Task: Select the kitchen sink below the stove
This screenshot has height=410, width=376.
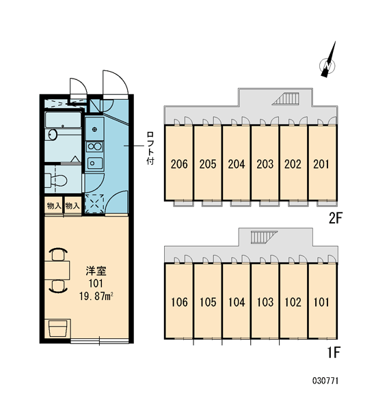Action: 95,163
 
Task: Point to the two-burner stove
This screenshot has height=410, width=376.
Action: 95,147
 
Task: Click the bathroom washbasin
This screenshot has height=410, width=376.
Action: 53,135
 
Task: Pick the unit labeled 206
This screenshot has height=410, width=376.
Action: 179,163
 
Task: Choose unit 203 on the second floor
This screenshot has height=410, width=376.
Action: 265,163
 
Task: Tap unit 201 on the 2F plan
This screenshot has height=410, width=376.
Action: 322,163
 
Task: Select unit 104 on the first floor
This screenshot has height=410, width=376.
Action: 237,301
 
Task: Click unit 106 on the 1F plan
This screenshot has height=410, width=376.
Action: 179,301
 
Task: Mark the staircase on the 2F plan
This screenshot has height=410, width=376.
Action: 286,98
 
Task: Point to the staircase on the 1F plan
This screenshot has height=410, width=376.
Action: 264,237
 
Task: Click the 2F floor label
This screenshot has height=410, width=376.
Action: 336,218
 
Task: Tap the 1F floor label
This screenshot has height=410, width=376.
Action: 334,353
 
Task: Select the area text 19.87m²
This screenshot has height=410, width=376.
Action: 96,297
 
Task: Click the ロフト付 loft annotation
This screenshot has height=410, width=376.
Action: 150,148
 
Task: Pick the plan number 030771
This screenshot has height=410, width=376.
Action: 325,381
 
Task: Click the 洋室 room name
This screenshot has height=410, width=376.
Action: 96,271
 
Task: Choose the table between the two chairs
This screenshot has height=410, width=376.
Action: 57,270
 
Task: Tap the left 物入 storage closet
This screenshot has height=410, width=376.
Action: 54,206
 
